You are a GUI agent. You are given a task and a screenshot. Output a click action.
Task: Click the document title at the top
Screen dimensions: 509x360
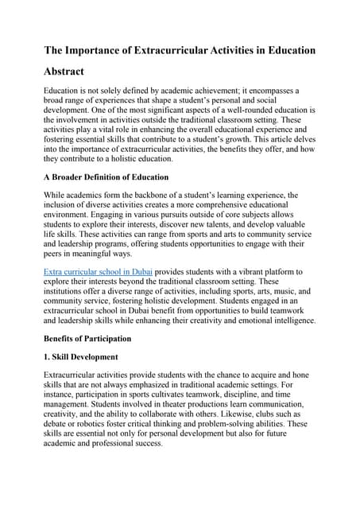(x=180, y=50)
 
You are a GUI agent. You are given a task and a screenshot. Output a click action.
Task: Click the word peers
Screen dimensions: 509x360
(x=56, y=253)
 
